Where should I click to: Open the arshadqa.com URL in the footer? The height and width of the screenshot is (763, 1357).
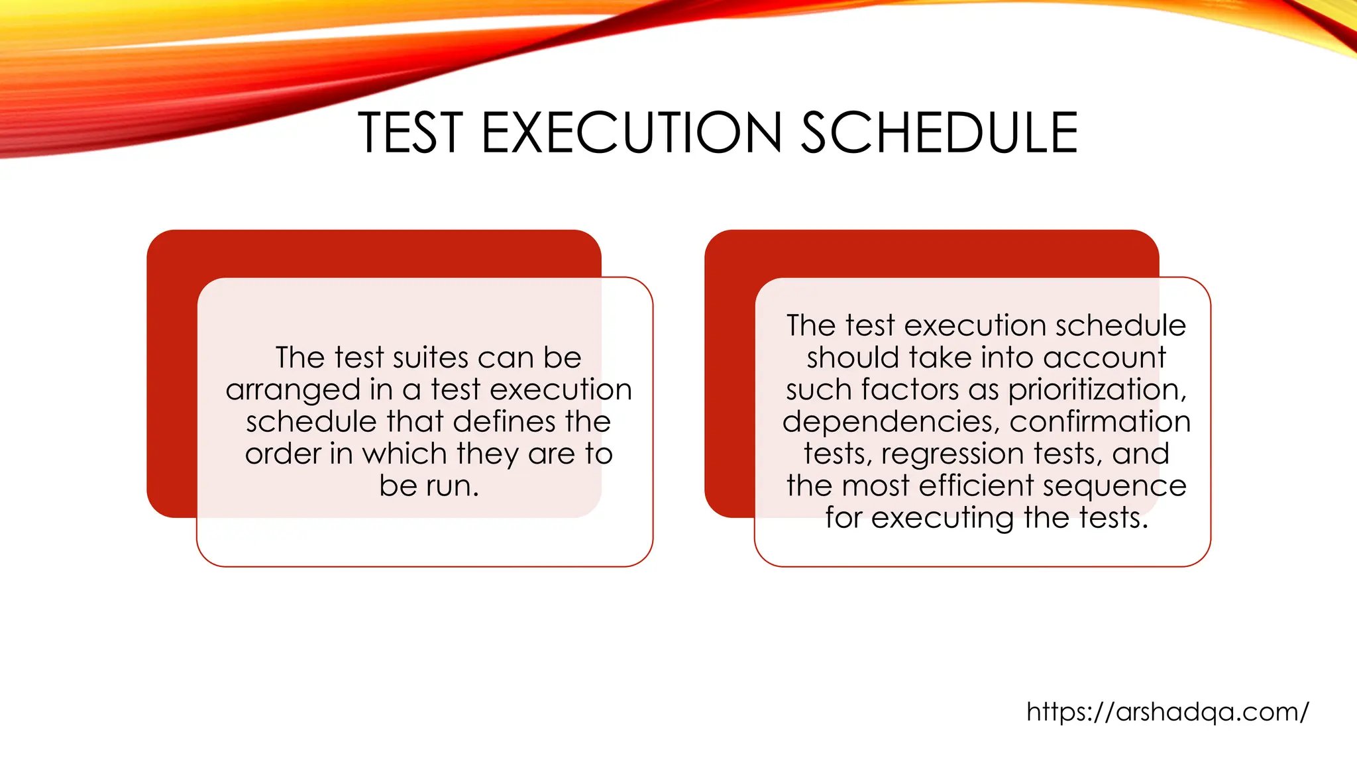point(1167,712)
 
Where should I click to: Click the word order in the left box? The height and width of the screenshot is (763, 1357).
point(280,454)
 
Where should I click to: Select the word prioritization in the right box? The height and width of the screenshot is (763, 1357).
point(1097,391)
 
